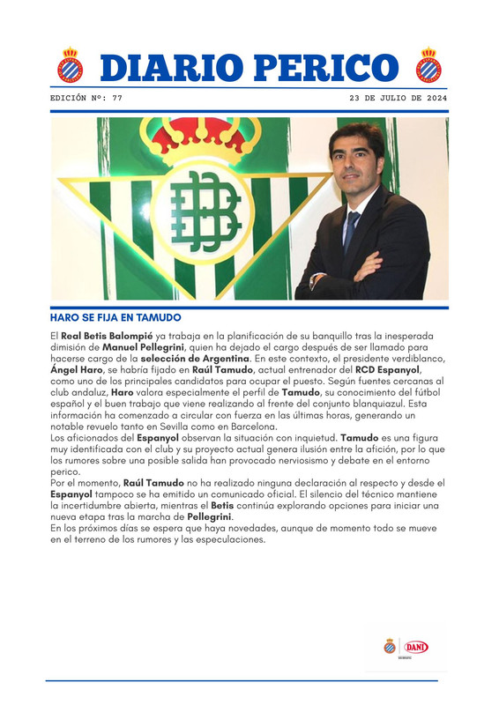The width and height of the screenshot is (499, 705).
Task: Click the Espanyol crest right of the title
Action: (429, 64)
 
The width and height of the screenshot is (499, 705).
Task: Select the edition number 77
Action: (117, 99)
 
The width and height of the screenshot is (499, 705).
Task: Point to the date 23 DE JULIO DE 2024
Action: (398, 99)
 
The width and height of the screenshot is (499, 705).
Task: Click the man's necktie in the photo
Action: (352, 231)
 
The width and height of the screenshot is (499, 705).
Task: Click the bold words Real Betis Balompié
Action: (98, 337)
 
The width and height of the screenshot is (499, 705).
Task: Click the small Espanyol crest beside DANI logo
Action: (390, 647)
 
